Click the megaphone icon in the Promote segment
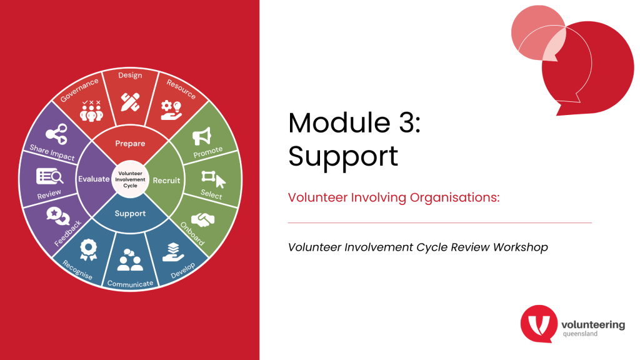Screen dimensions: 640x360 [x=202, y=136]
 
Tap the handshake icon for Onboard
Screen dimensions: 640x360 [x=203, y=219]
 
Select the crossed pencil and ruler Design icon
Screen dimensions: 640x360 [x=130, y=102]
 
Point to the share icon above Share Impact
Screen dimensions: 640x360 [x=56, y=134]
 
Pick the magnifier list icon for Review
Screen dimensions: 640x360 [x=50, y=176]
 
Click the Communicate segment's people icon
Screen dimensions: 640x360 [x=130, y=260]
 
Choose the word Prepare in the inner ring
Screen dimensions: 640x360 [x=130, y=143]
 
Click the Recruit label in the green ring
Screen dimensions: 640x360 [x=166, y=181]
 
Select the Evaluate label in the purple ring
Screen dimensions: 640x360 [x=94, y=179]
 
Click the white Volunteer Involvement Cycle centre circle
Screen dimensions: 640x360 [x=130, y=179]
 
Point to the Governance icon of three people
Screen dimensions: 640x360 [x=91, y=111]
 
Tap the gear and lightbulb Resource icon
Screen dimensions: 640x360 [x=171, y=110]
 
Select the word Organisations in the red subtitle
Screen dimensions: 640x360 [x=455, y=197]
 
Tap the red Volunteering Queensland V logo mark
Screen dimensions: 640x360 [x=539, y=324]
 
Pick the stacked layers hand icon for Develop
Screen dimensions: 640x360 [x=173, y=252]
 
